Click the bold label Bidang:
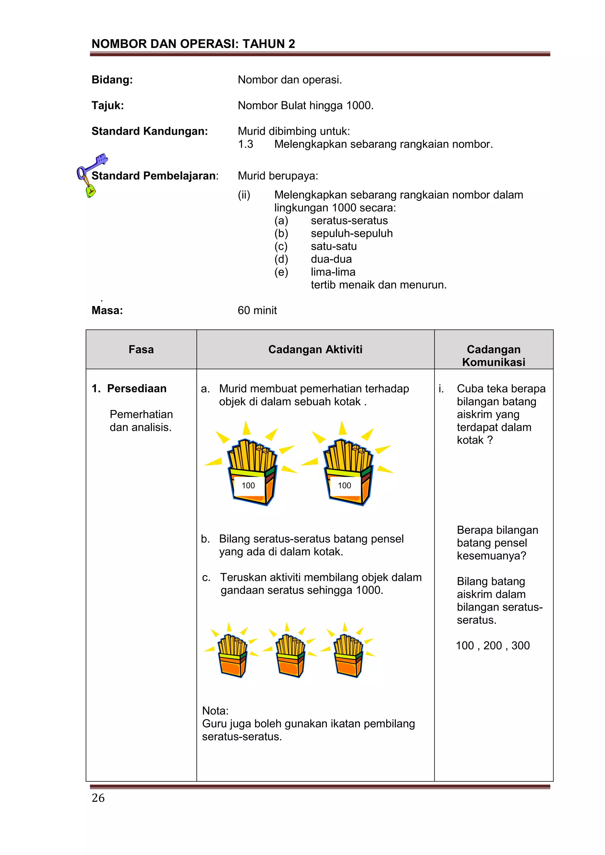(112, 80)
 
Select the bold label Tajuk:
(108, 105)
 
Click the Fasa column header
(141, 349)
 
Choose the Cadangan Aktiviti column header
(315, 349)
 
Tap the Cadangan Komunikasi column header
(493, 355)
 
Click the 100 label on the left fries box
(248, 485)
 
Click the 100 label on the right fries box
(344, 485)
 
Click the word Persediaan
(137, 388)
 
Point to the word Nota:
(215, 711)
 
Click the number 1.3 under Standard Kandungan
(245, 144)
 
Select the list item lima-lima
(333, 272)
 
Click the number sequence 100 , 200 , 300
(492, 645)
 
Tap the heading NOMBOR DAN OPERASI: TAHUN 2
(193, 44)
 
